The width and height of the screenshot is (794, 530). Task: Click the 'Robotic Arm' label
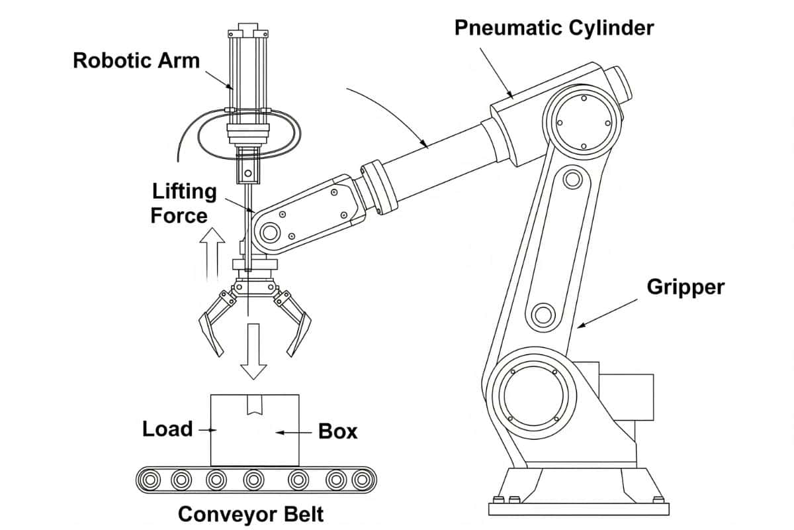136,60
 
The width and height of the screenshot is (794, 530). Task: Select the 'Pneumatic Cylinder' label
553,28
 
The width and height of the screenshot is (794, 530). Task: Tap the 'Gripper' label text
685,287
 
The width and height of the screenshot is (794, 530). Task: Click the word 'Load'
167,429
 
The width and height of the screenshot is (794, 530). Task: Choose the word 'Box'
337,431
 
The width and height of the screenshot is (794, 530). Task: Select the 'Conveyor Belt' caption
251,514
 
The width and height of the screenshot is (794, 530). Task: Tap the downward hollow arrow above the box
253,352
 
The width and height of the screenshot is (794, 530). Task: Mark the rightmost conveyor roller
361,479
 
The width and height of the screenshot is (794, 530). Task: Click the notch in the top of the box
254,405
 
